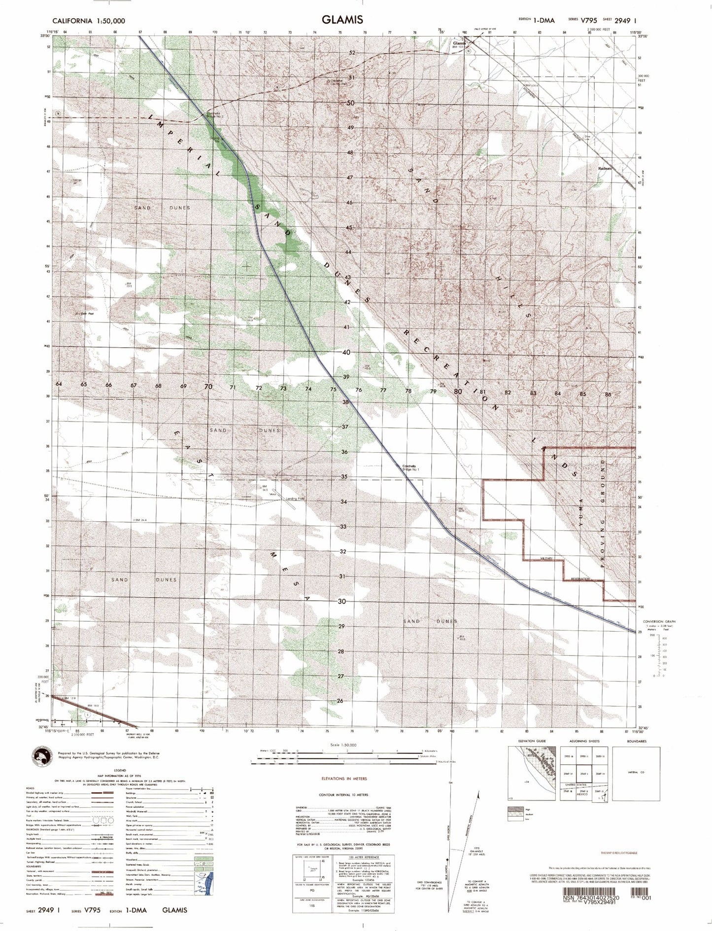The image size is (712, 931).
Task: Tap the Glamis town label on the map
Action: pos(459,43)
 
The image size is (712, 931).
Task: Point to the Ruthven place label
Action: pos(605,168)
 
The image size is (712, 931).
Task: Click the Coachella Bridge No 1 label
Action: pos(409,467)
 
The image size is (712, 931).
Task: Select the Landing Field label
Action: pos(296,499)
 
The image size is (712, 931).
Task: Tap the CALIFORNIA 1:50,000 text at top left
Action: pos(89,21)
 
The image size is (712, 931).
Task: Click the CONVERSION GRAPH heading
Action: pos(659,622)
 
